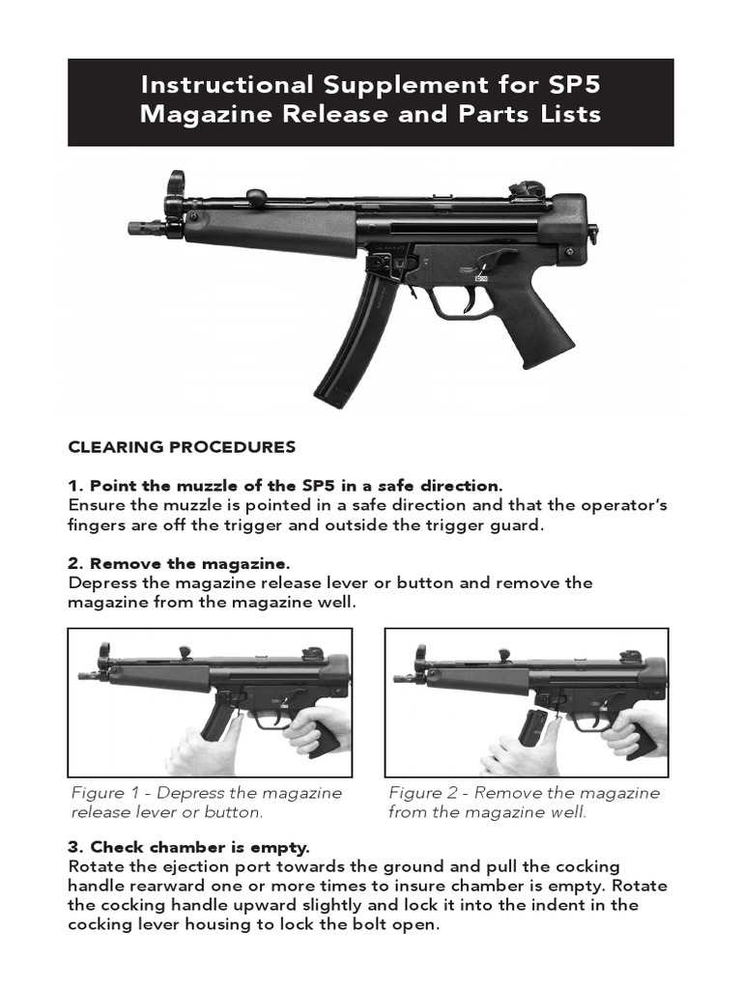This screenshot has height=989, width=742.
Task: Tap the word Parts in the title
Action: pyautogui.click(x=474, y=114)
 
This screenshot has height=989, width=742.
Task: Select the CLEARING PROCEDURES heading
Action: pyautogui.click(x=182, y=447)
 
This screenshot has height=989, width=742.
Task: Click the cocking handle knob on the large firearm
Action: pyautogui.click(x=256, y=197)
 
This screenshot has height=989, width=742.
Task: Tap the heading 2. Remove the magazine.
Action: pyautogui.click(x=179, y=563)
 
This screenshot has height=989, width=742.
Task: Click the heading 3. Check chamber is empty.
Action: pyautogui.click(x=188, y=848)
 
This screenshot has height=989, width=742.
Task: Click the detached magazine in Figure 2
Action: pyautogui.click(x=532, y=727)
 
